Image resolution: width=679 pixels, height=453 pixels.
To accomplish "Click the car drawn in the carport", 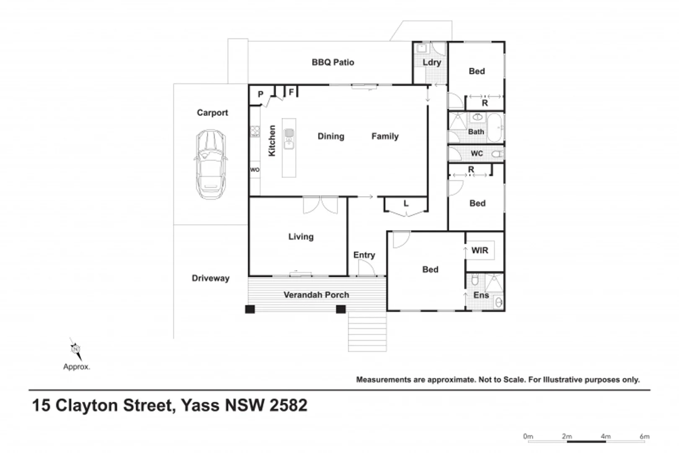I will tap(211, 164).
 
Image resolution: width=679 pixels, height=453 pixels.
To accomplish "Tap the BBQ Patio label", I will tap(333, 62).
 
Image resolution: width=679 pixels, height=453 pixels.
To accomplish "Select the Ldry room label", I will tap(431, 62).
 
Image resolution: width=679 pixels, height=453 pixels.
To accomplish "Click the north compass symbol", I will tap(75, 349).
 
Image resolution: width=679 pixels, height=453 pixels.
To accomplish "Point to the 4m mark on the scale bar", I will tap(605, 437).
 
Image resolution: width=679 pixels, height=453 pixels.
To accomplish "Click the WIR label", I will tap(480, 250).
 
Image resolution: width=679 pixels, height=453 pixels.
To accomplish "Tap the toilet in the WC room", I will tap(497, 154).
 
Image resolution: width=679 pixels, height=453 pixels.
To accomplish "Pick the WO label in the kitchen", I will tap(255, 170).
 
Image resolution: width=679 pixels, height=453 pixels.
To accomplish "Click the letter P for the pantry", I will tap(261, 94).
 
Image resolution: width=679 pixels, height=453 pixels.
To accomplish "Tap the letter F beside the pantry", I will tap(292, 92).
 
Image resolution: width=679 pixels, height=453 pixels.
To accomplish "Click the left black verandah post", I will tap(250, 310).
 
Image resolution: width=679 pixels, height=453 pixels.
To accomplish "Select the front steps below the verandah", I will tap(367, 332).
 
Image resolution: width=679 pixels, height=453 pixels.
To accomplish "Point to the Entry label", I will tap(364, 255).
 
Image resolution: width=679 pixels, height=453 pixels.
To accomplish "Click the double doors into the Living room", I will tap(320, 205).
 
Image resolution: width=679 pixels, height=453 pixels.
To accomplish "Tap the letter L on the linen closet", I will tap(405, 204).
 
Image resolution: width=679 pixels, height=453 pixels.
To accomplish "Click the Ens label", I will tap(481, 295).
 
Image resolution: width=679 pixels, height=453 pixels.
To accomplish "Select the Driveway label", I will tap(210, 278).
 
